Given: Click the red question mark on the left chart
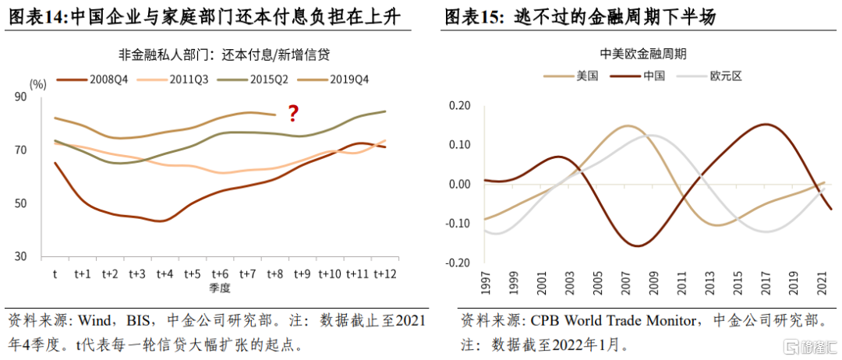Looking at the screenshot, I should click(293, 114).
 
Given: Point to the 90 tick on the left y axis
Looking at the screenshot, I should click(43, 97).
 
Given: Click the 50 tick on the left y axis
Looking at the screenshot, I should click(43, 203).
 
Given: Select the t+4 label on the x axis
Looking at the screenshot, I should click(164, 274).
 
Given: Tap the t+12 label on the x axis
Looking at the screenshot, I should click(385, 274).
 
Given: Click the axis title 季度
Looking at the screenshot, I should click(218, 288).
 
